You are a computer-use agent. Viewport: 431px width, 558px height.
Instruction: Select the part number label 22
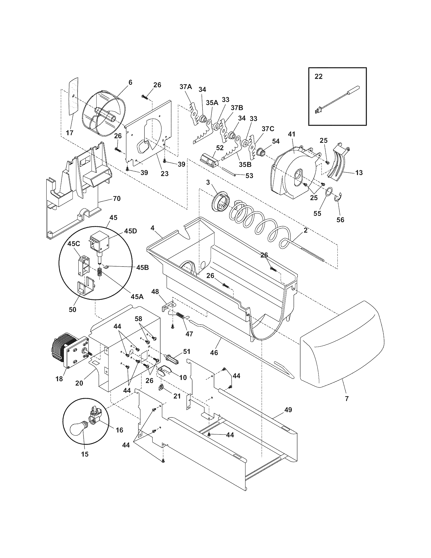318,76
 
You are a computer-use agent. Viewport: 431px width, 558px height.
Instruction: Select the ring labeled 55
329,191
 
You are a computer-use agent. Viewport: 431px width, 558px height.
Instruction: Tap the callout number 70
117,198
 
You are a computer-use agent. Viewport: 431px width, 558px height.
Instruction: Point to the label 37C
267,129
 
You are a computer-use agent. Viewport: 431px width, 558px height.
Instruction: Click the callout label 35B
245,164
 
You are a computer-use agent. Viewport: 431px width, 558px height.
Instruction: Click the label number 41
292,134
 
